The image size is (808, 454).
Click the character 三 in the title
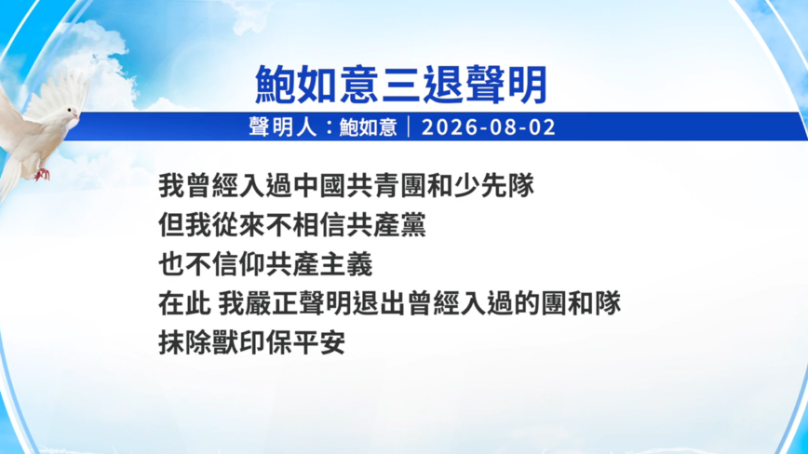click(x=400, y=85)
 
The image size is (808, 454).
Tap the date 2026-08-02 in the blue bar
click(x=489, y=127)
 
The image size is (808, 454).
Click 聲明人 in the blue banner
click(x=282, y=127)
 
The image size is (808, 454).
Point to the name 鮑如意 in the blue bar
click(x=368, y=127)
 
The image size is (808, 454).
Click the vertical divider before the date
click(x=410, y=127)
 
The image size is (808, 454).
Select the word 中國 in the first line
click(x=319, y=186)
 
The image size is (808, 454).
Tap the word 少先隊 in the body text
click(x=493, y=186)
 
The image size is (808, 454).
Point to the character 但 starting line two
click(x=171, y=225)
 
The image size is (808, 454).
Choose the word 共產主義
click(x=319, y=264)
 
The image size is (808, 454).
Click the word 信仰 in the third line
click(x=238, y=264)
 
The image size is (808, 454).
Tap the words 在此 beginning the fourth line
click(x=184, y=303)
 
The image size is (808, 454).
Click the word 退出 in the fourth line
click(x=379, y=303)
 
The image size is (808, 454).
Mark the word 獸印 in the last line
click(x=238, y=342)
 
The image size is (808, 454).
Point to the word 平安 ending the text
click(x=319, y=342)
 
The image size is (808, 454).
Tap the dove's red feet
click(x=42, y=175)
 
